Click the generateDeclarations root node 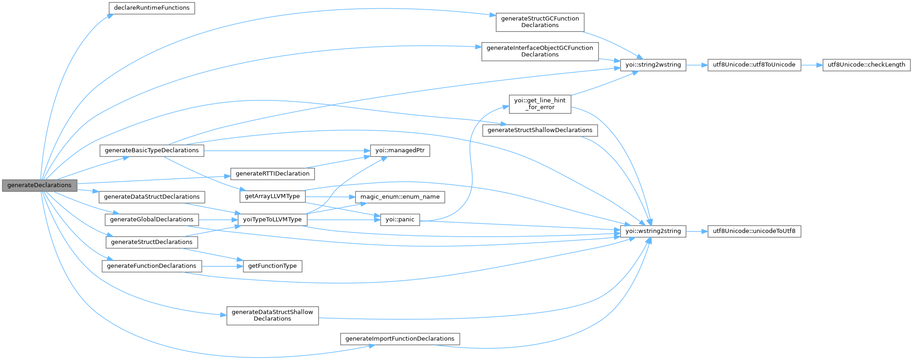tap(39, 185)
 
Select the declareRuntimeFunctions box tap(151, 8)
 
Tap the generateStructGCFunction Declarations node tap(540, 22)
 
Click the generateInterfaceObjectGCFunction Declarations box tap(540, 51)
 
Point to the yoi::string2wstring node tap(653, 65)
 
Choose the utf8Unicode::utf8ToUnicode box tap(754, 65)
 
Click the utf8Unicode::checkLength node tap(866, 65)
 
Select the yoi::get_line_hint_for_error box tap(540, 104)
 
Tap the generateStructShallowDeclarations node tap(540, 130)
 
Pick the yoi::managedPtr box tap(400, 150)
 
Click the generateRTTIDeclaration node tap(272, 174)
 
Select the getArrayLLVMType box tap(272, 196)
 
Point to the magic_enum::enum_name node tap(400, 197)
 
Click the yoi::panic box tap(400, 220)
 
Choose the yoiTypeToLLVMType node tap(272, 220)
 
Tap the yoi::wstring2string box tap(653, 231)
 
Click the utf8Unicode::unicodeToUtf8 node tap(754, 231)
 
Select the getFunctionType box tap(272, 266)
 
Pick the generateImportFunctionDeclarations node tap(400, 339)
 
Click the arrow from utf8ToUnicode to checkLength tap(812, 65)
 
